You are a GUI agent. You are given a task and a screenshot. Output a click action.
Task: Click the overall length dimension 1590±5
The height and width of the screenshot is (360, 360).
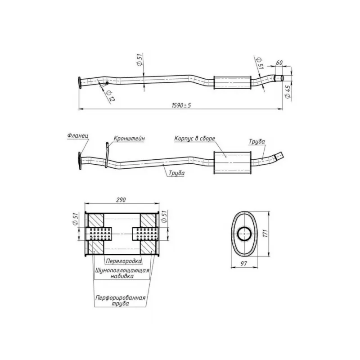(181, 105)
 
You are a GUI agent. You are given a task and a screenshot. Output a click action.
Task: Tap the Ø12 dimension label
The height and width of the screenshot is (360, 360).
(110, 95)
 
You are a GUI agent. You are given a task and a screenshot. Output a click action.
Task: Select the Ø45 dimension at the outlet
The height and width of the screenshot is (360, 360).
(288, 92)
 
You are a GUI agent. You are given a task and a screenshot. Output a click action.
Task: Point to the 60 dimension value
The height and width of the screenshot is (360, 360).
(279, 63)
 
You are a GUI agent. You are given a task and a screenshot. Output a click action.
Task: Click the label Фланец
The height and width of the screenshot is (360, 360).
(78, 136)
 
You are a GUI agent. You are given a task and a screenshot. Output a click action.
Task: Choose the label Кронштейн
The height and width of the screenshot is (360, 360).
(129, 139)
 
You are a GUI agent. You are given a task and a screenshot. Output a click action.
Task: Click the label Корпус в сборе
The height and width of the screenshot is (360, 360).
(195, 139)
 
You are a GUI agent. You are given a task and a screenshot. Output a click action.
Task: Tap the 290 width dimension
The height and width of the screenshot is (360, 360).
(121, 200)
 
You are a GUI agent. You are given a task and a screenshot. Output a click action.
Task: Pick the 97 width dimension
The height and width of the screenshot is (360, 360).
(244, 264)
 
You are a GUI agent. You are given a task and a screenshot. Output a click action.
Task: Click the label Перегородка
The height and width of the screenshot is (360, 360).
(123, 261)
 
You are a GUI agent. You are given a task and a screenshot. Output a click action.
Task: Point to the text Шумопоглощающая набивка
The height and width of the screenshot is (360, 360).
(122, 273)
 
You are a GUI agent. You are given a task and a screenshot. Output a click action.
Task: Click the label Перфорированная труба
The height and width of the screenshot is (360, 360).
(121, 301)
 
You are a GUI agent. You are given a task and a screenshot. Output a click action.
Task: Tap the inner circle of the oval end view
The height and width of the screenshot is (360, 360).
(244, 234)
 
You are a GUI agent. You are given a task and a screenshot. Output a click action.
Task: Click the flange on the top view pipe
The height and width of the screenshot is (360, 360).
(80, 83)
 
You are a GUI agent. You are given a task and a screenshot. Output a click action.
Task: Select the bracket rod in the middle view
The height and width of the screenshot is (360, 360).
(107, 155)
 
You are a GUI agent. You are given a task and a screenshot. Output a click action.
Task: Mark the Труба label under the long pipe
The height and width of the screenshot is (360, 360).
(176, 173)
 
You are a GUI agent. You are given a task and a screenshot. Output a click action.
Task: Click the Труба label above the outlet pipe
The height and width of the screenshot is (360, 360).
(256, 142)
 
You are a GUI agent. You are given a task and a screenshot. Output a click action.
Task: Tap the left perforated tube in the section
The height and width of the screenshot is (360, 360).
(99, 234)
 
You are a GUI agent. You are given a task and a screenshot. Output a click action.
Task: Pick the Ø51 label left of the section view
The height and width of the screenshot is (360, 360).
(76, 219)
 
